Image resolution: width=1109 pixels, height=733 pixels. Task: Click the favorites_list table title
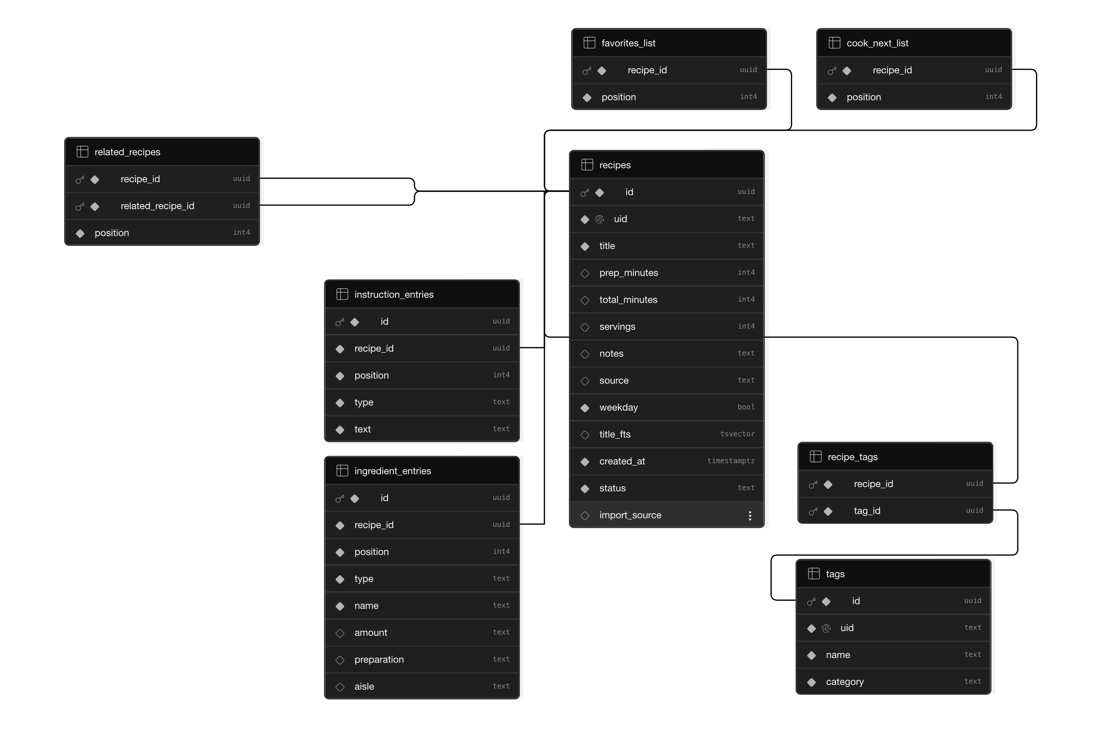tap(628, 43)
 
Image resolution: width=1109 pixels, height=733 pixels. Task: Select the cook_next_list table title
tap(877, 43)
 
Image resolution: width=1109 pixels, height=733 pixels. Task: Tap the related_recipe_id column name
tap(157, 206)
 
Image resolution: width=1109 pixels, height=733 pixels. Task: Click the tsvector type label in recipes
tap(737, 434)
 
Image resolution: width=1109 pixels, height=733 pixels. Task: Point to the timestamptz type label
tap(730, 460)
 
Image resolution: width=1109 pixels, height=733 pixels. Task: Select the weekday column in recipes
tap(618, 407)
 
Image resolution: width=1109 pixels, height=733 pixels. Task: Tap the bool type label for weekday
tap(746, 407)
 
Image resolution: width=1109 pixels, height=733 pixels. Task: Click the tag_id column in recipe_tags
tap(866, 510)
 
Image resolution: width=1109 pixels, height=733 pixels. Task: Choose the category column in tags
tap(844, 681)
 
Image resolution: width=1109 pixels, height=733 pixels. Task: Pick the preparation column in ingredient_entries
tap(379, 659)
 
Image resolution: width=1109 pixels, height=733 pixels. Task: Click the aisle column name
tap(364, 686)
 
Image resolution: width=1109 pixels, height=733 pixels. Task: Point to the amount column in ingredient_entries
tap(370, 633)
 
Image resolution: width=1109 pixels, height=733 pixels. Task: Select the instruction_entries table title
tap(394, 294)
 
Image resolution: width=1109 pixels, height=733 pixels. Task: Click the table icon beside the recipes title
tap(587, 165)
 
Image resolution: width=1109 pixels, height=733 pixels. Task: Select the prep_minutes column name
tap(628, 273)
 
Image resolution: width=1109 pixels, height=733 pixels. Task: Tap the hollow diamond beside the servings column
tap(584, 327)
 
